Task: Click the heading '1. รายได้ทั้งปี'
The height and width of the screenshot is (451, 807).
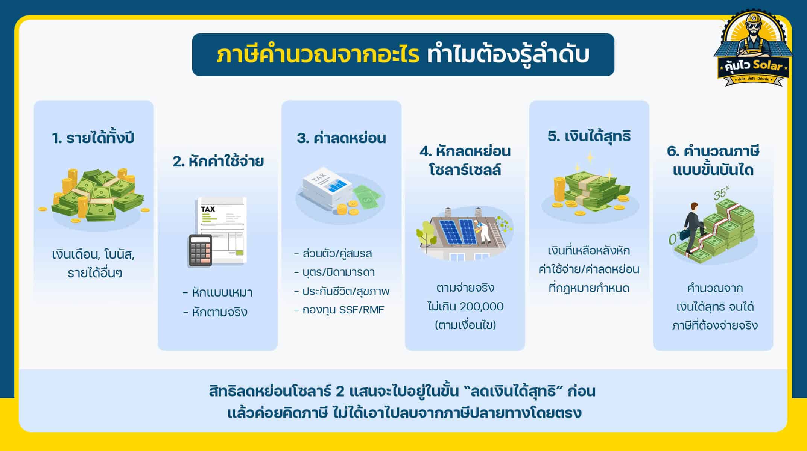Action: point(93,138)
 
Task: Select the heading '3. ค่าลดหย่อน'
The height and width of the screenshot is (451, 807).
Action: point(341,138)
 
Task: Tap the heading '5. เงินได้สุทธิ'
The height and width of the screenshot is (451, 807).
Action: point(589,136)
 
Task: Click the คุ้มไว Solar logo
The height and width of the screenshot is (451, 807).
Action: point(753,51)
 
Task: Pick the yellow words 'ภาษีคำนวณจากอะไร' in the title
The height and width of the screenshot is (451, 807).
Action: point(318,55)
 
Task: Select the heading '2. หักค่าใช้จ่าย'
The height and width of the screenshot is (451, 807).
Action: point(218,162)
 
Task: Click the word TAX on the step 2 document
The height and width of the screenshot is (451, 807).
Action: point(208,209)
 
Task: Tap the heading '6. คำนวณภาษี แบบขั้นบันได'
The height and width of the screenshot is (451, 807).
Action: point(713,160)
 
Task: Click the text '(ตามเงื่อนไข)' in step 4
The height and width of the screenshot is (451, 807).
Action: point(465,325)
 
